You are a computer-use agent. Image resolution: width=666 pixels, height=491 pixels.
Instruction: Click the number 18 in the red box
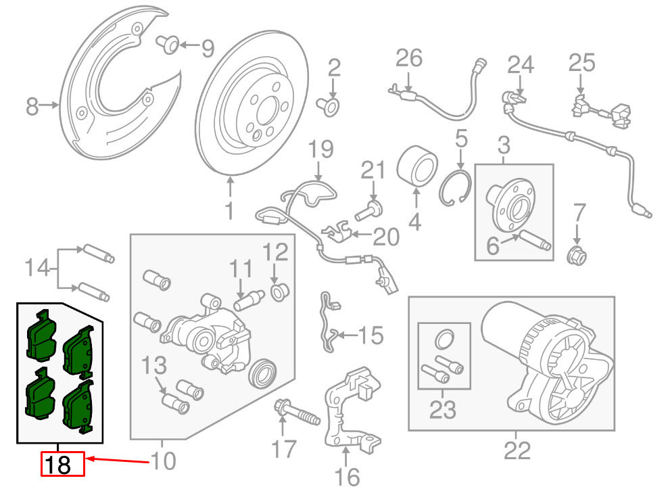point(57,464)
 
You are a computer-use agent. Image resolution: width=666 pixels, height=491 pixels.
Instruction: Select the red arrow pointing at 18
point(117,461)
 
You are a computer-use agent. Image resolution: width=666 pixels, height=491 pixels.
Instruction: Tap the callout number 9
point(207,49)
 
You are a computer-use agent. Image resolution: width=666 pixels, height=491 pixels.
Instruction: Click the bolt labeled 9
point(168,45)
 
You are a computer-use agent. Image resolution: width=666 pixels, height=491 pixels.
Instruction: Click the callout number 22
point(517,451)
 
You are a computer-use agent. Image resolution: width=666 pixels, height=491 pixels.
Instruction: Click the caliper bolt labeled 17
point(297,411)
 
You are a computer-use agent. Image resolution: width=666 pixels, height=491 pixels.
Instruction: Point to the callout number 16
point(348,477)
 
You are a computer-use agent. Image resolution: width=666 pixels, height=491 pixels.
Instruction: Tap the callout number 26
point(408,58)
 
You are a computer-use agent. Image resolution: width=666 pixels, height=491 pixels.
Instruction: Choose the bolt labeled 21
point(368,211)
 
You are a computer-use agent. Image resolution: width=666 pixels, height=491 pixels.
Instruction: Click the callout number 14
point(37,268)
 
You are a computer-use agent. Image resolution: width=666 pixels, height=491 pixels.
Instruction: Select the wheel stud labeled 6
point(536,239)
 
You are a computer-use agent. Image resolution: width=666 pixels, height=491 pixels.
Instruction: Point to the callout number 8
point(32,106)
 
